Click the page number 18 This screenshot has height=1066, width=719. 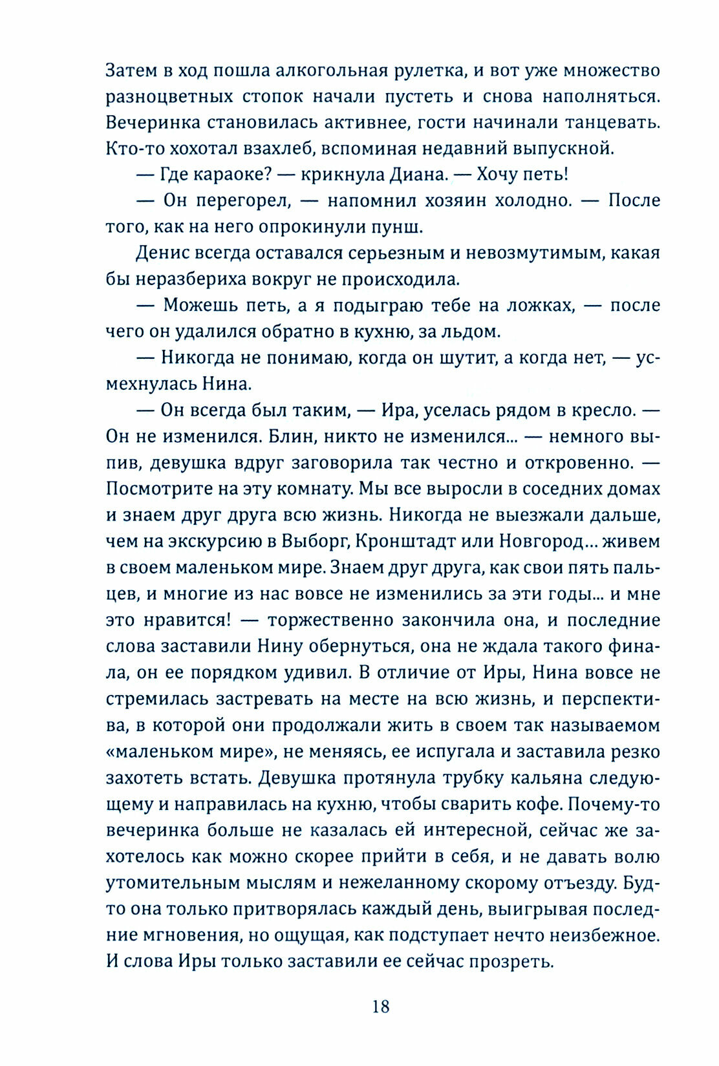(381, 1006)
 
